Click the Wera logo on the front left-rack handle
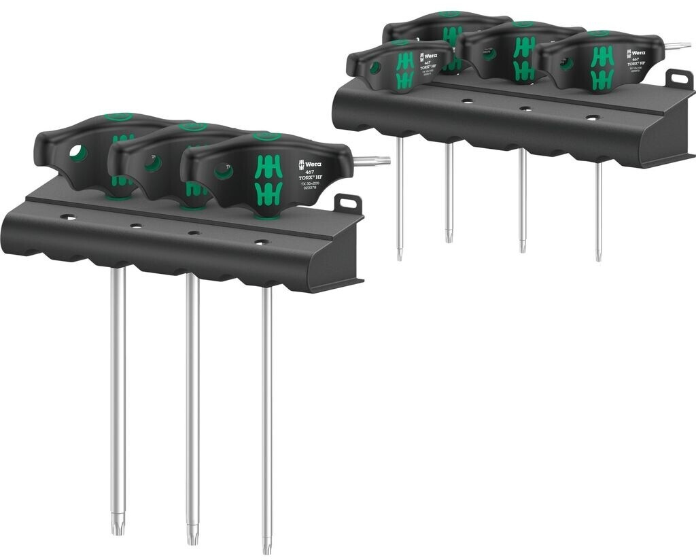coord(309,164)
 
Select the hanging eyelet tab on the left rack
coord(348,203)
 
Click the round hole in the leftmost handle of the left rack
coord(78,154)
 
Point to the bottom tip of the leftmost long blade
coord(118,526)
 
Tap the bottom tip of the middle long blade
coord(192,536)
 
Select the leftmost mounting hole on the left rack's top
coord(68,217)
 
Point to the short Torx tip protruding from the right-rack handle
coord(676,46)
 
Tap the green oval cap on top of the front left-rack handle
coord(265,137)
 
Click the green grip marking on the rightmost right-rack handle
coord(602,67)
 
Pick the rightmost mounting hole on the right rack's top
coord(592,117)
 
